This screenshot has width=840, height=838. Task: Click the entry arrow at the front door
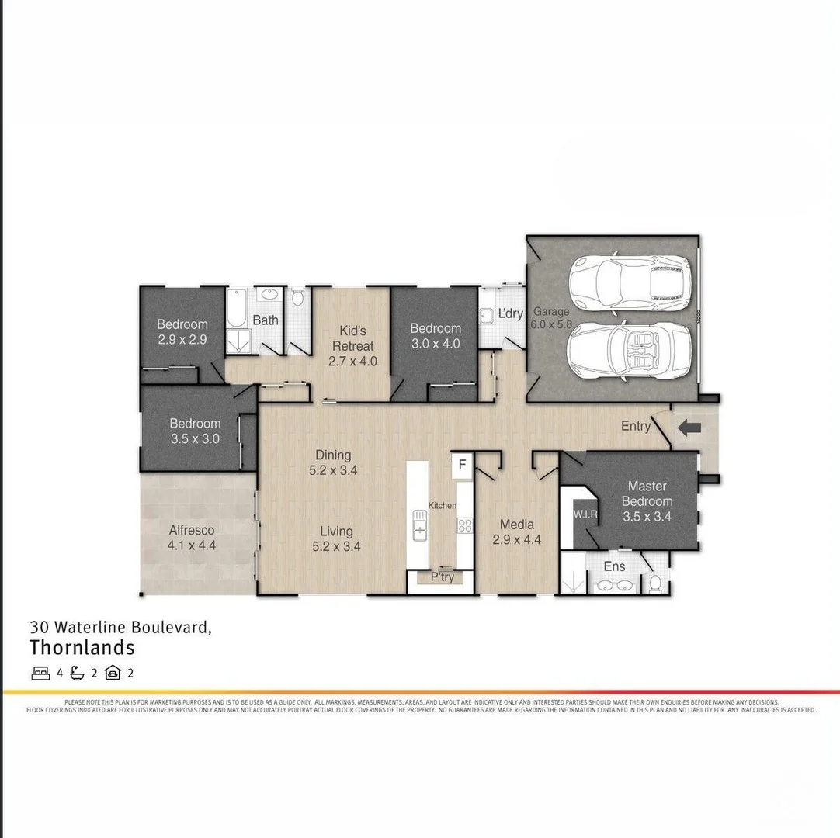click(x=690, y=427)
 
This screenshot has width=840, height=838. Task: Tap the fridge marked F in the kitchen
click(x=462, y=465)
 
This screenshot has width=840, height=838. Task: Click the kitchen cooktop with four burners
click(x=465, y=525)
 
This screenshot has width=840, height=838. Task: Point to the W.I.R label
click(x=585, y=514)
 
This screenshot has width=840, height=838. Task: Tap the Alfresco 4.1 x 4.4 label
click(x=192, y=538)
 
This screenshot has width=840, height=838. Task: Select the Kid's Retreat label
click(x=352, y=345)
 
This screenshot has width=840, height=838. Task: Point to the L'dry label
click(x=510, y=313)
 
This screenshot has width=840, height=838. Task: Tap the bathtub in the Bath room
click(x=237, y=308)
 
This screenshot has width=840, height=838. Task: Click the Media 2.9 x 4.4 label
click(x=516, y=532)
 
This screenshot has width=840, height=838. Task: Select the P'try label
click(x=442, y=577)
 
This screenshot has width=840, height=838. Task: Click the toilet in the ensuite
click(x=654, y=583)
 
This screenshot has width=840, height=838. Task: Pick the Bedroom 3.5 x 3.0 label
click(x=195, y=431)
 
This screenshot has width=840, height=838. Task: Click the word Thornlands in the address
click(x=82, y=647)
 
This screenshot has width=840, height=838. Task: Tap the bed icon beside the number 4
click(x=40, y=673)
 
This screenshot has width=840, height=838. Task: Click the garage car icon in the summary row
click(x=113, y=673)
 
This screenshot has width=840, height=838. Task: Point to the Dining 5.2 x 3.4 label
click(x=333, y=462)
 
